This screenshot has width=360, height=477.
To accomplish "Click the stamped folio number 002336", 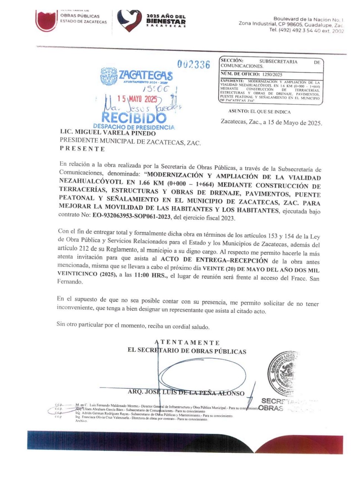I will click(194, 65).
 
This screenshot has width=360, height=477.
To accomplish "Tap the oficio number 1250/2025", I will click(272, 74).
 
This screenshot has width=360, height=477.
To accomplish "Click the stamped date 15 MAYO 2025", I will click(137, 99).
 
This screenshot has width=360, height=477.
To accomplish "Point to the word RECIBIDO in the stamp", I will click(134, 118).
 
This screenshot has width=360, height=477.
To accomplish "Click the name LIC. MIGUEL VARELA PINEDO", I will click(108, 133).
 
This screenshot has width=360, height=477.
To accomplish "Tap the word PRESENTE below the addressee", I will click(82, 149).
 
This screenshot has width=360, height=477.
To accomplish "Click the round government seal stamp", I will click(282, 374).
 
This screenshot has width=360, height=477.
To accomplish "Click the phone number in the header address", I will click(307, 30).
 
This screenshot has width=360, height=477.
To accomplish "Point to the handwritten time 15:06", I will click(156, 89).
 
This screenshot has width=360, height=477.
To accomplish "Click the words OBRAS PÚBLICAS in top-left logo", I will click(80, 16).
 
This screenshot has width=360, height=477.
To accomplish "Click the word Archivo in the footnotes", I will click(81, 421).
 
